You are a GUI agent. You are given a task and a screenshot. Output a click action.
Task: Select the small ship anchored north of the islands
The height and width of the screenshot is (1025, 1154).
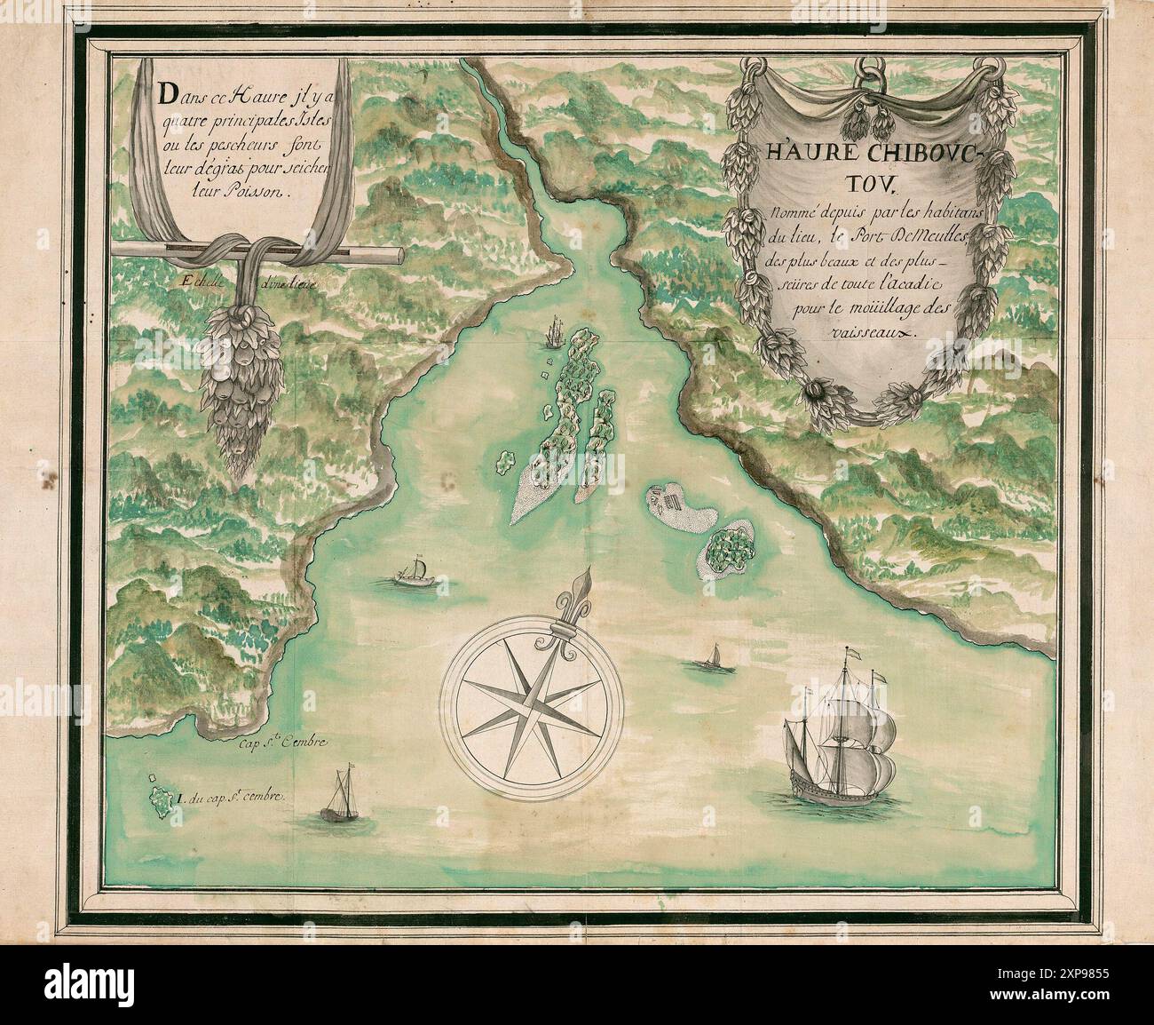click(x=554, y=333)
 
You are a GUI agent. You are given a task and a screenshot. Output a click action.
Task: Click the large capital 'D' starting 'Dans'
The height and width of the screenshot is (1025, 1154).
click(x=163, y=93)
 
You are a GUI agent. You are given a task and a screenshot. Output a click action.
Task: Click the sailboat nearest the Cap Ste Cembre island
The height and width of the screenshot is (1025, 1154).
click(x=339, y=797)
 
